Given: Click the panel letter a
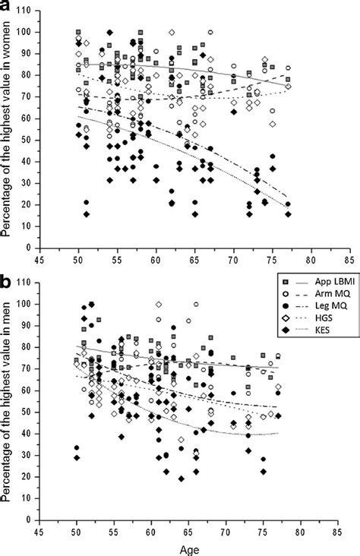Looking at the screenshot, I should [x=7, y=8].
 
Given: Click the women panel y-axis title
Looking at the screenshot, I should [x=9, y=129].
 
